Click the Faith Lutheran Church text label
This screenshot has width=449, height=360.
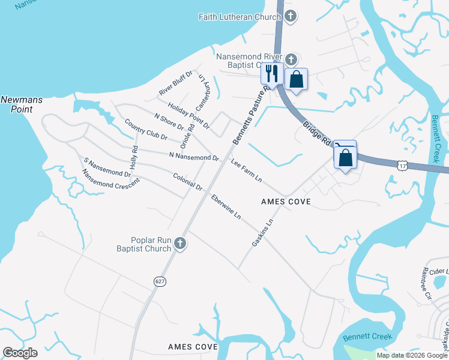click(x=240, y=17)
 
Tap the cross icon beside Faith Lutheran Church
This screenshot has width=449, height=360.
click(x=291, y=16)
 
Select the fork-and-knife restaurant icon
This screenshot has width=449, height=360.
click(x=270, y=73)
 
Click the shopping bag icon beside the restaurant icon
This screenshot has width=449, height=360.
click(x=296, y=79)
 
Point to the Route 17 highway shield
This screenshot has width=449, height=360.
click(x=402, y=163)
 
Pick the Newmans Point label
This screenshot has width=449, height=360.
click(x=21, y=104)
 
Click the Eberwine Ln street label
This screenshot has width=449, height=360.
click(x=226, y=206)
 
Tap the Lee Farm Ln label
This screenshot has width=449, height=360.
click(x=246, y=171)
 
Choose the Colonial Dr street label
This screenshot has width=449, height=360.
click(x=187, y=182)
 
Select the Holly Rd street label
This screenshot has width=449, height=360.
click(x=134, y=157)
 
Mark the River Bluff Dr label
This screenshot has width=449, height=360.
click(x=175, y=83)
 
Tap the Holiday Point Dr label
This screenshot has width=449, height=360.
click(x=188, y=116)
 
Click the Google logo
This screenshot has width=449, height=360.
click(x=20, y=353)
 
